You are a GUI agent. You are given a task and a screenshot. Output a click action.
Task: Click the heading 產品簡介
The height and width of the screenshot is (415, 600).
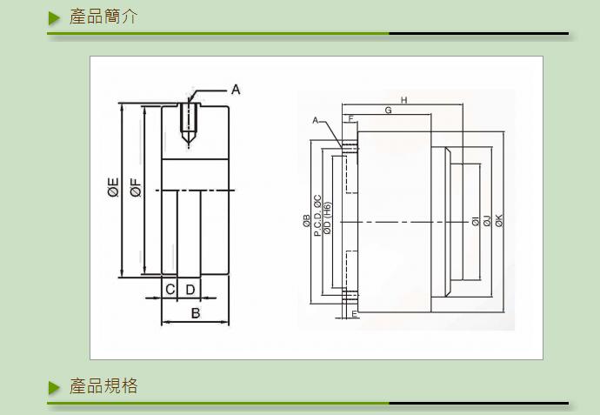tap(103, 17)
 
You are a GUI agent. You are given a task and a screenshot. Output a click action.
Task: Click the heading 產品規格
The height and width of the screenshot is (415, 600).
tap(103, 386)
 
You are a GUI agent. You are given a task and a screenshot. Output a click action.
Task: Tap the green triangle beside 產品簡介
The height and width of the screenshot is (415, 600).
tap(54, 18)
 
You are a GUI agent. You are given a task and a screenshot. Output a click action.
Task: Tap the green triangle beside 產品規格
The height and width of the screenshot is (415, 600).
tap(54, 387)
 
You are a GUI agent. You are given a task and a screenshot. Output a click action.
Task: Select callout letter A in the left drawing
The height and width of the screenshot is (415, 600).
tap(236, 90)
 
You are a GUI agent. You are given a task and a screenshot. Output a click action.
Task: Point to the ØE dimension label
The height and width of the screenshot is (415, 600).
tap(113, 187)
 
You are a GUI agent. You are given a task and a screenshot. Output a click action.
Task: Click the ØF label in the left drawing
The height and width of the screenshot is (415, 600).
tap(136, 187)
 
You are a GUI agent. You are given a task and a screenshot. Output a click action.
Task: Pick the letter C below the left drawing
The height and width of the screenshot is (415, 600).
tap(170, 290)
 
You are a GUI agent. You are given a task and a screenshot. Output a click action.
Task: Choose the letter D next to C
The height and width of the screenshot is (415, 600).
tap(190, 290)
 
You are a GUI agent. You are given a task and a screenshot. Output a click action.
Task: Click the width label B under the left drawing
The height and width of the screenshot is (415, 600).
tap(196, 313)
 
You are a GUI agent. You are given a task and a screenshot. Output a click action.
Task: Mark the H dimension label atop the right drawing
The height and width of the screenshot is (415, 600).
tap(403, 100)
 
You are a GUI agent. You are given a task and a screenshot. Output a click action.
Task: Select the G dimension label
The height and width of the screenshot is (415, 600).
tap(388, 110)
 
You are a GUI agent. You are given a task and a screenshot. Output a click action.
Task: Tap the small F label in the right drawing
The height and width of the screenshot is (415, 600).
tap(351, 118)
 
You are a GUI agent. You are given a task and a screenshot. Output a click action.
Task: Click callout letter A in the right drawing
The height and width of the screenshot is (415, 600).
tap(316, 121)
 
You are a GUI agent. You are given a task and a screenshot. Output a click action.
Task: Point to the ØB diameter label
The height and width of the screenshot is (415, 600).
tap(306, 220)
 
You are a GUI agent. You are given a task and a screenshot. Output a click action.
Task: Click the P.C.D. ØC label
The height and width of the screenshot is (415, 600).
tap(317, 216)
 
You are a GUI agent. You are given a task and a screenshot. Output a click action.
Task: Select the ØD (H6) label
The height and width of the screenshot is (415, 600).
tap(328, 218)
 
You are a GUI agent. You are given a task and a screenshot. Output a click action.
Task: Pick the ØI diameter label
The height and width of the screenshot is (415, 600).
tap(476, 221)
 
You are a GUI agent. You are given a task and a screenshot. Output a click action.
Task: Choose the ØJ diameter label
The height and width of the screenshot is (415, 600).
tap(487, 221)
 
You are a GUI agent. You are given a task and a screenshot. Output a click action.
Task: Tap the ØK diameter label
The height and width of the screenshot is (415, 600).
tap(499, 220)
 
